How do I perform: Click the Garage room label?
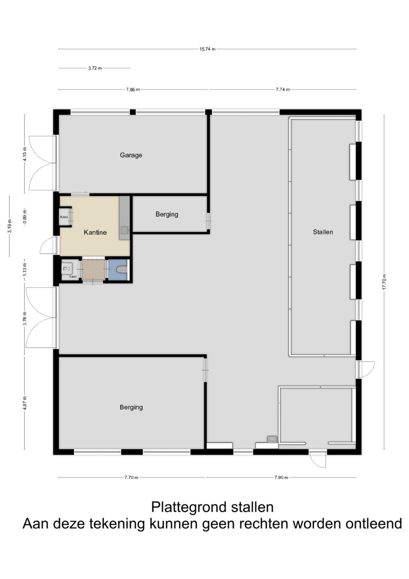click(x=131, y=155)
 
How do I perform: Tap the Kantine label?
click(x=95, y=232)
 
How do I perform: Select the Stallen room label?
click(x=323, y=232)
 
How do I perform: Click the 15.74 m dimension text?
click(x=208, y=49)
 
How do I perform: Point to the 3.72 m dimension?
click(x=95, y=68)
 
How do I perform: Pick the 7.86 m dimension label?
click(x=133, y=90)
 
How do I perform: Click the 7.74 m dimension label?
click(x=283, y=90)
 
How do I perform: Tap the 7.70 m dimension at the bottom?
click(x=131, y=478)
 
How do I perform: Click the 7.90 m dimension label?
click(x=281, y=478)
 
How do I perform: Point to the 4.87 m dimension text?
click(x=25, y=403)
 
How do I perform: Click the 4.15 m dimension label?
click(x=25, y=154)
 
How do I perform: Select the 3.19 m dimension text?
click(x=9, y=226)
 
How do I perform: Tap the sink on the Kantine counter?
click(x=125, y=230)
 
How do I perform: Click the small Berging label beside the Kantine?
click(x=167, y=214)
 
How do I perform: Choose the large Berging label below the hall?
click(x=131, y=407)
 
